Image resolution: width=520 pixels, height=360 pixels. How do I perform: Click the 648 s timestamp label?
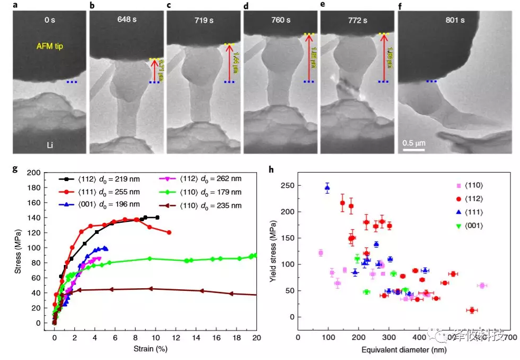click(126, 20)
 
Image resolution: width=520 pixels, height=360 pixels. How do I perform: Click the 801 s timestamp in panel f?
click(454, 21)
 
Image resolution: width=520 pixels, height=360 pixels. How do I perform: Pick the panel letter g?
click(15, 169)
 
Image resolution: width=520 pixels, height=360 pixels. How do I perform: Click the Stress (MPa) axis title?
click(18, 248)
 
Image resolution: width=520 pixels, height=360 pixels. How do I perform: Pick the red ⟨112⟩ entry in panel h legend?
click(469, 198)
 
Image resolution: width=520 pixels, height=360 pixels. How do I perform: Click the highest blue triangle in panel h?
click(328, 187)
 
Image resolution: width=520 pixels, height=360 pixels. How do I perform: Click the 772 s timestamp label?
click(357, 21)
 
